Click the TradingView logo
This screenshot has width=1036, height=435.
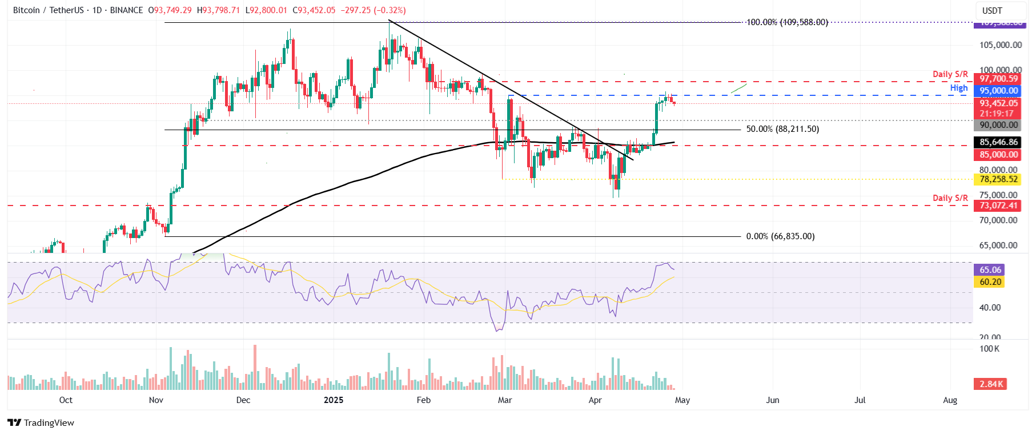coord(41,422)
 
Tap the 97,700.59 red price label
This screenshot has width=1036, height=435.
coord(998,79)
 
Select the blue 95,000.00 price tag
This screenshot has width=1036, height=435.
coord(998,91)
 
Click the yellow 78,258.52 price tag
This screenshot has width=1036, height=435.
coord(998,179)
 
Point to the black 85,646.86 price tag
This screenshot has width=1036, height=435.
coord(998,142)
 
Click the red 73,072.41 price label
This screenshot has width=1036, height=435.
coord(998,206)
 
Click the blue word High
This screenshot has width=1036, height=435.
coord(959,88)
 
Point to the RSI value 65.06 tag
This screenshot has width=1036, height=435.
coord(990,270)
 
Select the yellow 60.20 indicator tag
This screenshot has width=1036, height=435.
coord(990,282)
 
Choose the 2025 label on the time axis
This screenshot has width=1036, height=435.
coord(334,400)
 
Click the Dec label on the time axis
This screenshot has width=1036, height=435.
coord(243,400)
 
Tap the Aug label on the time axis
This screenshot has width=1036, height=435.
coord(950,400)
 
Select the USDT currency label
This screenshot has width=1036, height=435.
coord(992,10)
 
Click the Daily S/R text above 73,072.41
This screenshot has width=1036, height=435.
coord(950,198)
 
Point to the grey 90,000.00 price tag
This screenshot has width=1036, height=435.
coord(998,125)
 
